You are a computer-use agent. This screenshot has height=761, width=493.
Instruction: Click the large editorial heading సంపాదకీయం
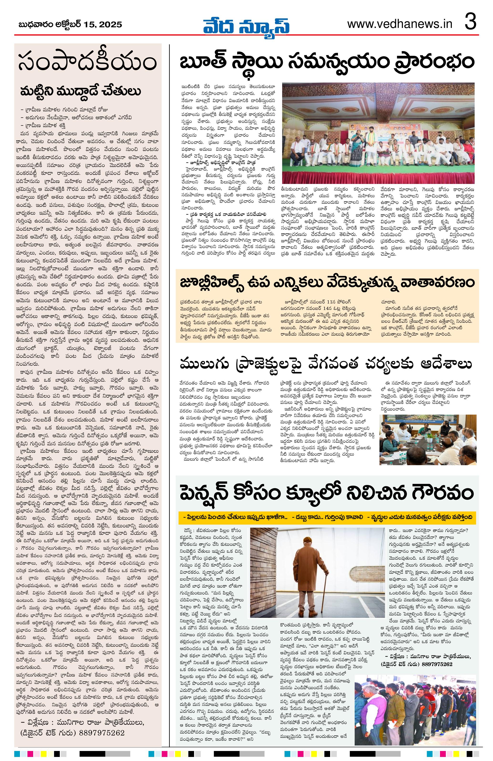click(x=87, y=63)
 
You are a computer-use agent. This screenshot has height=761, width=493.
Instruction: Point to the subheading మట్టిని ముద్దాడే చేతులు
click(x=80, y=91)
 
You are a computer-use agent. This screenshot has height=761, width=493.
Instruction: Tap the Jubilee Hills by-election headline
click(x=327, y=283)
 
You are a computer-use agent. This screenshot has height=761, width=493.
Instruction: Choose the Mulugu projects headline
click(x=326, y=364)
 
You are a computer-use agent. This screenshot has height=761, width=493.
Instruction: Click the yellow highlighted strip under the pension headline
click(x=327, y=517)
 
